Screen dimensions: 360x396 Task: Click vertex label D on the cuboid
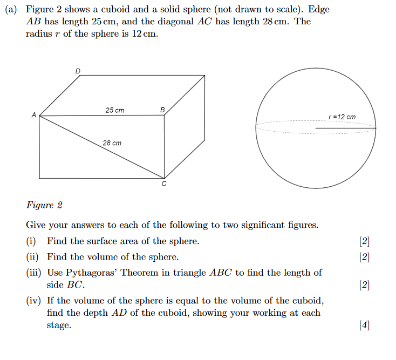click(78, 70)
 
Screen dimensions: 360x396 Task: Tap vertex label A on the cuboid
click(33, 115)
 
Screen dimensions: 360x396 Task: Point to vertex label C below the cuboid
click(164, 185)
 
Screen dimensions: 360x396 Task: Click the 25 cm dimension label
click(114, 110)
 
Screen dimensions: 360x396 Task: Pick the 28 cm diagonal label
click(112, 143)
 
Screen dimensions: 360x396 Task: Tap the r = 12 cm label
click(342, 117)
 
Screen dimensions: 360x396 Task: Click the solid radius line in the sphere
click(345, 128)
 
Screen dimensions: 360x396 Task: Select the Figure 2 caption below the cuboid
click(44, 205)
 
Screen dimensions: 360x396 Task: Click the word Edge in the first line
click(318, 10)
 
